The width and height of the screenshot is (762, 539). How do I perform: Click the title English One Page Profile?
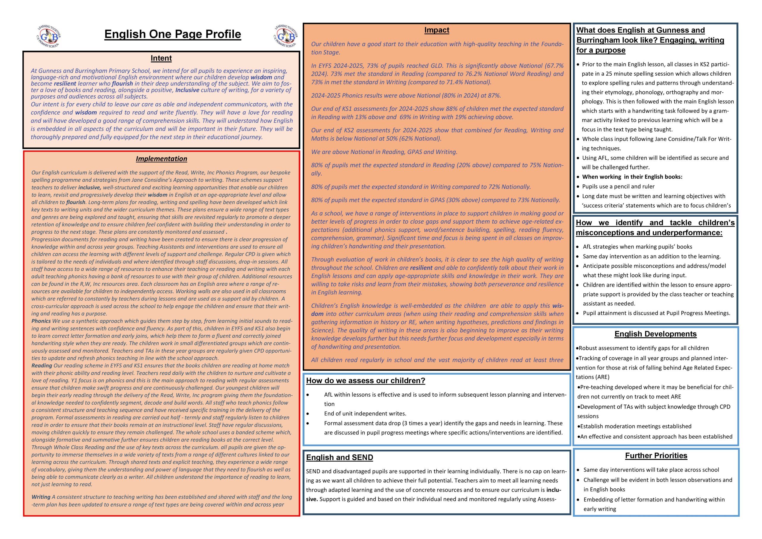[x=173, y=34]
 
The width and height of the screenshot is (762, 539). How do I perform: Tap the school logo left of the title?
[x=49, y=36]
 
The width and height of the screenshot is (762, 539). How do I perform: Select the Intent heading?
[x=161, y=58]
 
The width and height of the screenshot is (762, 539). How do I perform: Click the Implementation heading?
[x=161, y=159]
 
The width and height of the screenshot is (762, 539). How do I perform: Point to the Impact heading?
[x=436, y=30]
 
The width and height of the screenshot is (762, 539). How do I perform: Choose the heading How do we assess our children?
[x=366, y=381]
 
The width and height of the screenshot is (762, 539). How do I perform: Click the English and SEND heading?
[x=339, y=457]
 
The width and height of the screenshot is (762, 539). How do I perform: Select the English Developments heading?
[x=655, y=334]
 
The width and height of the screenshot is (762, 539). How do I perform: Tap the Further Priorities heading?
[x=656, y=456]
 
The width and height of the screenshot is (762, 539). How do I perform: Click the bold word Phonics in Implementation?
[x=41, y=321]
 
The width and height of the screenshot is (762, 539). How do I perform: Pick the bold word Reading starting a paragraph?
[x=41, y=366]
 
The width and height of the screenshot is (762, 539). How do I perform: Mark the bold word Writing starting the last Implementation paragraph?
[x=41, y=497]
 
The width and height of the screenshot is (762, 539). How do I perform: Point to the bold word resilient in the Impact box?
[x=421, y=268]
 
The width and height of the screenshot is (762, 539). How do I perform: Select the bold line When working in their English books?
[x=632, y=177]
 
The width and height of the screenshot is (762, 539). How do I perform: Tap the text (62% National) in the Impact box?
[x=421, y=139]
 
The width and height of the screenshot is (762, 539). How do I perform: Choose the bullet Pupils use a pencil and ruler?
[x=618, y=187]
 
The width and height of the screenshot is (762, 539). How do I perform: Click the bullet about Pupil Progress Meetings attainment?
[x=656, y=313]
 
